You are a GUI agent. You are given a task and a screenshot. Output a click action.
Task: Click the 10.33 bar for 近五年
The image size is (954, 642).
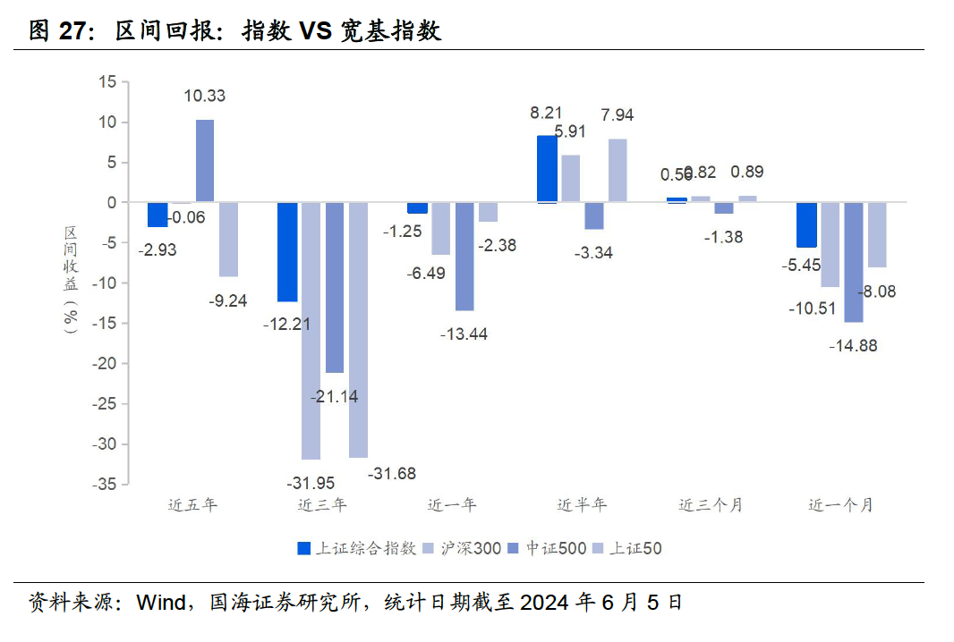(205, 161)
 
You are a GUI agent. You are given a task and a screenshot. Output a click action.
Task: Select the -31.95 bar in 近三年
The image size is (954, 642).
(311, 331)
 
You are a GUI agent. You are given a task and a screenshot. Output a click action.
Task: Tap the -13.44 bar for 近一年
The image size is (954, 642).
(464, 257)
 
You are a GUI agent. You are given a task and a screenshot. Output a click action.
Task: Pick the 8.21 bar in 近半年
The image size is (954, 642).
(546, 169)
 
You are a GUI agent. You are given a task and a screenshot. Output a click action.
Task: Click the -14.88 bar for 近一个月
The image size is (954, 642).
(853, 262)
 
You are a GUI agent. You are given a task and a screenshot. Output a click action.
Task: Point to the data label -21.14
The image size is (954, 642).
(335, 396)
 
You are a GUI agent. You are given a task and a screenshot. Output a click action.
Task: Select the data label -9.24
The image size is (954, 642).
(228, 300)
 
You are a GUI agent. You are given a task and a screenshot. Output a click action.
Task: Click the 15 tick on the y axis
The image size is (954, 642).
(107, 82)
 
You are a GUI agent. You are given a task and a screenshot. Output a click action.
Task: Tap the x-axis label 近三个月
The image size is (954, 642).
(711, 505)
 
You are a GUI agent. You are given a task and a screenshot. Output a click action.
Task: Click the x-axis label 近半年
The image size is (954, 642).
(582, 505)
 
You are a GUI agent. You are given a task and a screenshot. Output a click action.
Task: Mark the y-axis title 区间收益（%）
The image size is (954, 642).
(71, 280)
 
